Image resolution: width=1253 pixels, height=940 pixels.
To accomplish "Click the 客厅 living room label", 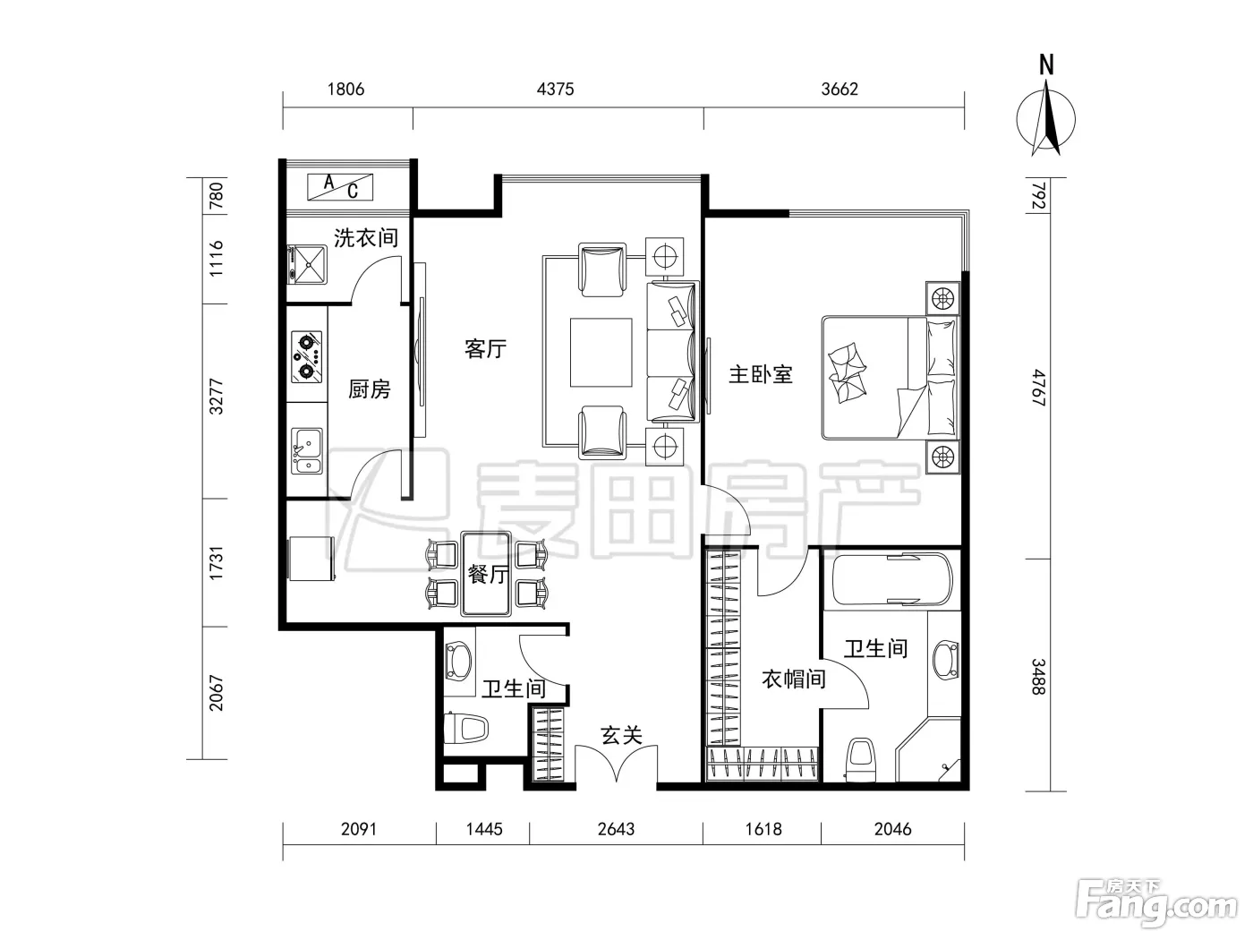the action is click(485, 349).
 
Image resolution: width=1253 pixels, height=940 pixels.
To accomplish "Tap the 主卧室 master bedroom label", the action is click(761, 374).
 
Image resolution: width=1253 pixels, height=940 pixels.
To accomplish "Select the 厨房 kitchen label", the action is click(370, 389).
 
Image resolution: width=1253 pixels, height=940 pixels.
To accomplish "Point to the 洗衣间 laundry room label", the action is click(366, 237).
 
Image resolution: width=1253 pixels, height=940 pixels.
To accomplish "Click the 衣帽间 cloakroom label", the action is click(794, 679).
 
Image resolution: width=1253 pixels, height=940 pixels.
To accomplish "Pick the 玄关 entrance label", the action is click(621, 735).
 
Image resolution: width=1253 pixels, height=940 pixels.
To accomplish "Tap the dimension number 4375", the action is click(555, 89).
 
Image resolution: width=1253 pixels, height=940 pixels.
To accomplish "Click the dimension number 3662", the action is click(840, 89).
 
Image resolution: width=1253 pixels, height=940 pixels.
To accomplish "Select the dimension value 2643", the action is click(616, 829).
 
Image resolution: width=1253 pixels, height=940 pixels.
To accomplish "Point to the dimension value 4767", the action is click(1038, 388).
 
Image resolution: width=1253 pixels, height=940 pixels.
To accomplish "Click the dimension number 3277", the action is click(217, 396).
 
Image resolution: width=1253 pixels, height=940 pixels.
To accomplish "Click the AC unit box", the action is click(340, 187).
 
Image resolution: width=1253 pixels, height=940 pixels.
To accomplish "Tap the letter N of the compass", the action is click(1045, 65).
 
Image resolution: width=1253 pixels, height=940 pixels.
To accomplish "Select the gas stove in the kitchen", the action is click(307, 357).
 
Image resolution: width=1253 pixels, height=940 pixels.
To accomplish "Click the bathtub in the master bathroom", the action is click(892, 580).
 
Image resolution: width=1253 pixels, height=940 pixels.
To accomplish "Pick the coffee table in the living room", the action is click(601, 353).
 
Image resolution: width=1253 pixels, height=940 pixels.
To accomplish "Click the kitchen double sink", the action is click(307, 451).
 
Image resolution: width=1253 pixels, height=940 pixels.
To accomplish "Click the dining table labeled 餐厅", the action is click(486, 574).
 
